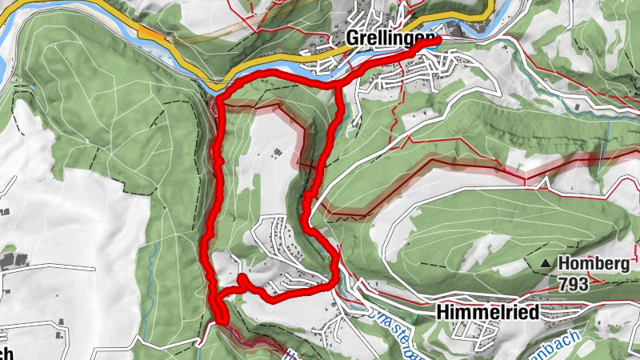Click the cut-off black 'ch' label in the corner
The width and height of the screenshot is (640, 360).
click(6, 353)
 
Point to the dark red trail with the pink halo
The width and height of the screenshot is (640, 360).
click(448, 165)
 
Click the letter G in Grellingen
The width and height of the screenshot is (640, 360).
click(353, 38)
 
